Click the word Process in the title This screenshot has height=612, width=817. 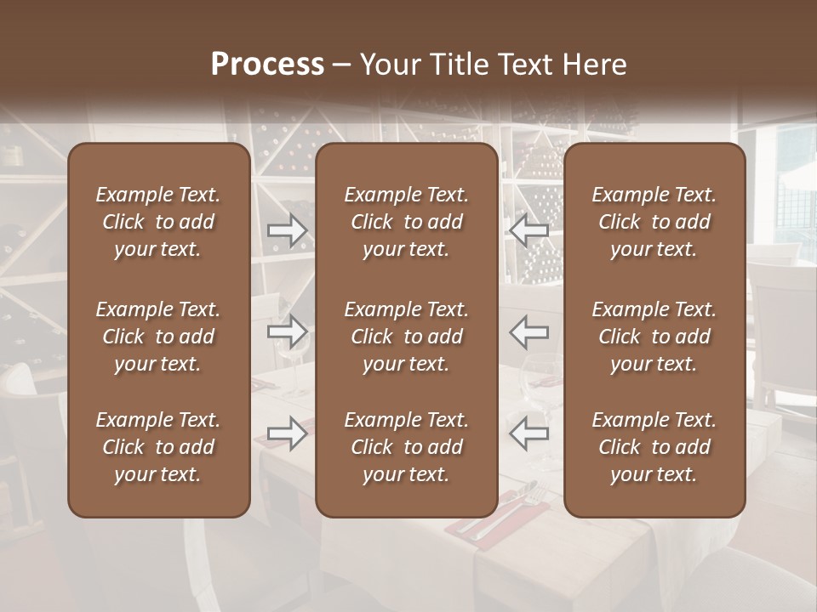coord(267,65)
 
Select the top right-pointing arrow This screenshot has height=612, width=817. coord(287,230)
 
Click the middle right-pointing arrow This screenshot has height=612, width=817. coord(287,331)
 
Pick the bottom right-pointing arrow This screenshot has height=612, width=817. coord(287,433)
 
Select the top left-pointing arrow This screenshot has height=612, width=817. coord(529,230)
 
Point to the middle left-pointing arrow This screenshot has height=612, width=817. coord(529,331)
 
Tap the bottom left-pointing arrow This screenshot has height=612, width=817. coord(529,433)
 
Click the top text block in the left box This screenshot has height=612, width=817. coord(158,222)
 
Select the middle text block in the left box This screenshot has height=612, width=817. coord(158,337)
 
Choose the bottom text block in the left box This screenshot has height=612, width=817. coord(158,447)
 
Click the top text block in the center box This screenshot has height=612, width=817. coord(406,222)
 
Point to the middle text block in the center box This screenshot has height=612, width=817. coord(406,337)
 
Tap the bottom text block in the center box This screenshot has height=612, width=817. coord(406,447)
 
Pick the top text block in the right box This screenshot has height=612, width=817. coord(654,222)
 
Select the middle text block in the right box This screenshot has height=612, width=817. coord(654,337)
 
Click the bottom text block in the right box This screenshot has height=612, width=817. coord(654,447)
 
